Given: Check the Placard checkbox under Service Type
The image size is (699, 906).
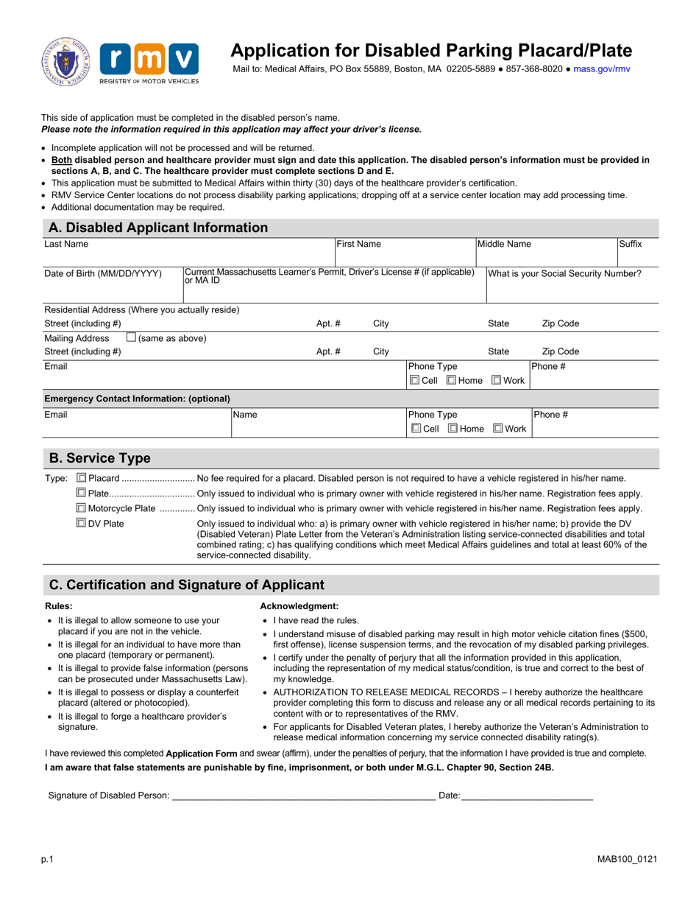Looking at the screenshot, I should (x=82, y=479).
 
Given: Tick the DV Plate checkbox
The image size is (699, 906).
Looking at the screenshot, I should (x=82, y=524).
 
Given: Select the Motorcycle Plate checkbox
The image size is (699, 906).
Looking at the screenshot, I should (x=82, y=508).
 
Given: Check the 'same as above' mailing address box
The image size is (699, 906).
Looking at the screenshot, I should (x=132, y=338).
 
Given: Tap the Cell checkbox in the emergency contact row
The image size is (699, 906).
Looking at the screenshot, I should (x=416, y=428).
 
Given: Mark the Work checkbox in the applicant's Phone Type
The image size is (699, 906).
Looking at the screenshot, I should (x=497, y=380).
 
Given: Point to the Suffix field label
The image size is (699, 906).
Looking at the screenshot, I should (x=631, y=243).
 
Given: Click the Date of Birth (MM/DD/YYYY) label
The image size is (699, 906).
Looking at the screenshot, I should (x=103, y=273).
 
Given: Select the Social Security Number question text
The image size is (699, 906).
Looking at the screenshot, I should (x=564, y=273).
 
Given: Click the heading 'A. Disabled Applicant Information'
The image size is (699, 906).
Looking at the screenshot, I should (x=158, y=228).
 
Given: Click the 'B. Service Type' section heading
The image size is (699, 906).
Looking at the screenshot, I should (x=99, y=458).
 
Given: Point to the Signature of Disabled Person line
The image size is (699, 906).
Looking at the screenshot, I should (x=303, y=795).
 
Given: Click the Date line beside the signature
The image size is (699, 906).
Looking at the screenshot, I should (x=527, y=795).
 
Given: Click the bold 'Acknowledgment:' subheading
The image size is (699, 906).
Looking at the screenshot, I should (x=299, y=605).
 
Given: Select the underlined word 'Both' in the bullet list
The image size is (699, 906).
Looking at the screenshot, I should (x=62, y=160).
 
